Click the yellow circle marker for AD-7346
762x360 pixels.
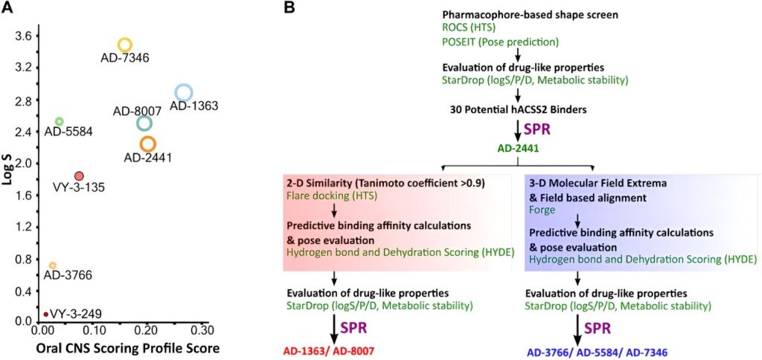(x=125, y=45)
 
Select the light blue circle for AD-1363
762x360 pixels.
(x=184, y=92)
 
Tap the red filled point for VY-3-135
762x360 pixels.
(x=80, y=176)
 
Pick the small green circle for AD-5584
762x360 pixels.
(x=60, y=121)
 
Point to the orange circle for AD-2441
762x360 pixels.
(x=147, y=144)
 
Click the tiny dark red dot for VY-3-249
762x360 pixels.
(x=46, y=314)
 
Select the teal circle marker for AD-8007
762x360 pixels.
(x=144, y=123)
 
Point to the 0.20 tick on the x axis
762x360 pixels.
(x=150, y=329)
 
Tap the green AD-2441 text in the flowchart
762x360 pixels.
(x=517, y=148)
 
